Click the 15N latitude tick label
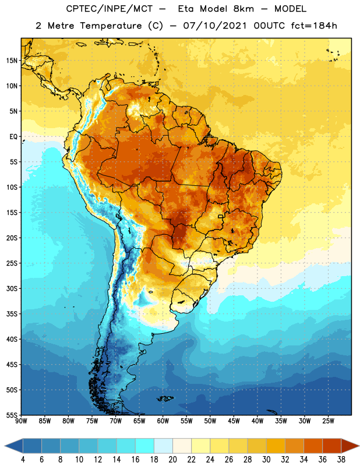click(x=12, y=61)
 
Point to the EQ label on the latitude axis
click(x=13, y=137)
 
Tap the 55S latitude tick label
click(x=12, y=415)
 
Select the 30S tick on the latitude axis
click(x=12, y=288)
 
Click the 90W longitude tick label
click(x=21, y=421)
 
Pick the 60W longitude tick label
click(x=163, y=421)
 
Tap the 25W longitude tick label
click(x=328, y=421)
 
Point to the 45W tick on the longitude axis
click(x=234, y=421)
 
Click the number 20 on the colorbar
click(x=172, y=460)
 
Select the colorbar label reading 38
click(x=341, y=460)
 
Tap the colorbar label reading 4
click(x=23, y=460)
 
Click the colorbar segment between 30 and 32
click(x=276, y=446)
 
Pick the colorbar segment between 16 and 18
click(x=144, y=446)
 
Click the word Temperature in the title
click(x=111, y=26)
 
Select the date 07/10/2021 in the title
click(x=215, y=26)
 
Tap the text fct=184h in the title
click(x=314, y=26)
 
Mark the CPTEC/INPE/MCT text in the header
click(x=110, y=9)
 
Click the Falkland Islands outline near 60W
click(x=165, y=398)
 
